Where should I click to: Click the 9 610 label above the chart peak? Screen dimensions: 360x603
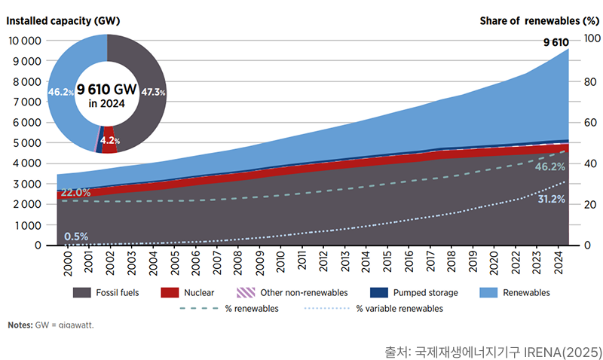556,43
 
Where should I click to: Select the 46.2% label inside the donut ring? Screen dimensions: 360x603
60,92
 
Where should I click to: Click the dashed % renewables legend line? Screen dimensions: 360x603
194,309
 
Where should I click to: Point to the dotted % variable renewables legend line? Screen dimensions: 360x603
326,309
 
